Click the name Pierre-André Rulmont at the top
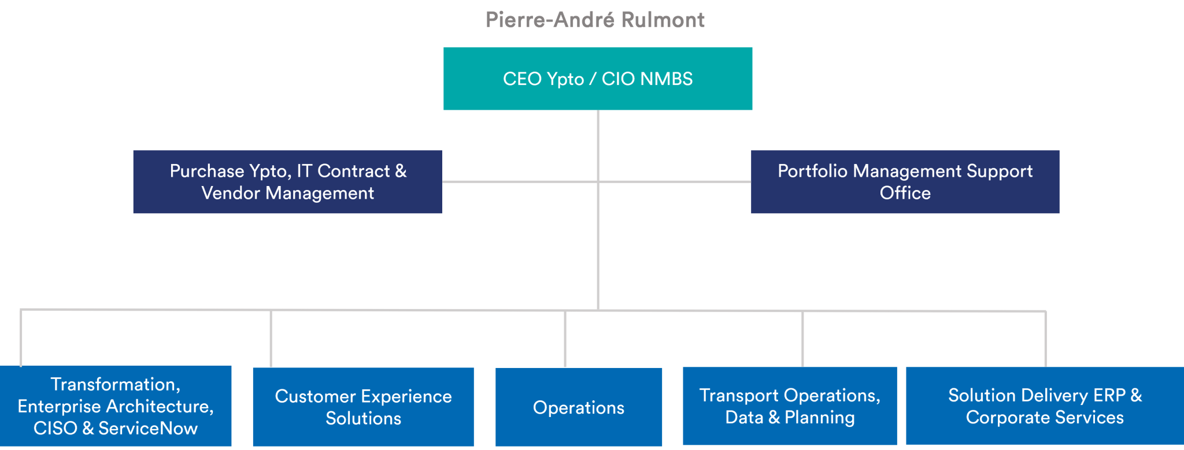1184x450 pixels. (x=595, y=20)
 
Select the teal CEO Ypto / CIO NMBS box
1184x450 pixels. (x=598, y=79)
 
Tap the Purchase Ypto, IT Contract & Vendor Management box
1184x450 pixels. (x=288, y=182)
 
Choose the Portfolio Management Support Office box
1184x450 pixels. (x=905, y=182)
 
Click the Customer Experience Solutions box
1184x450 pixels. (x=364, y=407)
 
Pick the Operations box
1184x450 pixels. (x=579, y=407)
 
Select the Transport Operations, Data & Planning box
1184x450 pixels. (x=790, y=406)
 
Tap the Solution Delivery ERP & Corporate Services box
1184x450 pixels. (x=1045, y=406)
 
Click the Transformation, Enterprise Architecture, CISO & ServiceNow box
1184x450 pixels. (x=116, y=406)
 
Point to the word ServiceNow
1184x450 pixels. (x=148, y=428)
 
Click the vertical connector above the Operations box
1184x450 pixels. (x=565, y=339)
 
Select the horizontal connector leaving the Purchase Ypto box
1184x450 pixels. (x=520, y=182)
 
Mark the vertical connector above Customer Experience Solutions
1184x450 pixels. (x=271, y=339)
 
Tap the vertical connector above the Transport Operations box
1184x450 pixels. (x=802, y=339)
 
